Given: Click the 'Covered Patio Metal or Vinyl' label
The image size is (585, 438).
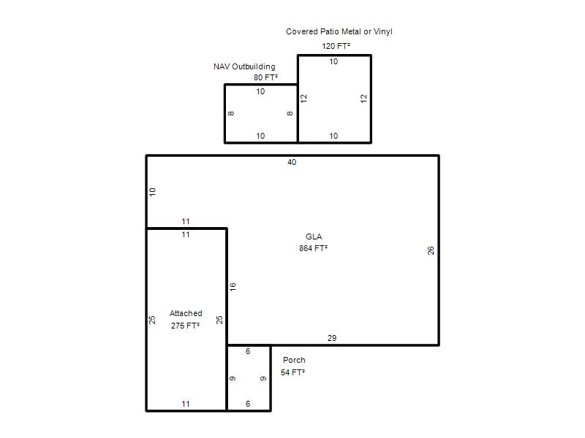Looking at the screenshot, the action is pos(339,31).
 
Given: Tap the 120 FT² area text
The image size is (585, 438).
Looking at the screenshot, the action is pos(336,46).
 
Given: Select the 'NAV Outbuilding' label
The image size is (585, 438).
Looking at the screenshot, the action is pos(244,66).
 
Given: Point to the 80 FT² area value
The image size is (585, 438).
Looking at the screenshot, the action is pos(266,77).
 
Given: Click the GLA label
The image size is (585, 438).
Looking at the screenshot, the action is pos(314,237).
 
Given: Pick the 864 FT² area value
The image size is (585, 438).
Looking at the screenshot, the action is pos(314,248).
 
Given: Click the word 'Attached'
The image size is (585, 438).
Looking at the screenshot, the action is pos(186,313).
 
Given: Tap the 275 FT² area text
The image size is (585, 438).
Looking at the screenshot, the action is pos(186,326).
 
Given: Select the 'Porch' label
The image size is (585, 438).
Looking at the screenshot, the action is pos(294,360).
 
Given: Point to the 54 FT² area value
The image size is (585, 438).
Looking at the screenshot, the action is pos(293,372).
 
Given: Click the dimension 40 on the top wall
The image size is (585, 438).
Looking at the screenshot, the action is pos(292,162).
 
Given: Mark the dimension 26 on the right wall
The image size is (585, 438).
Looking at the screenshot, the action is pos(431,250).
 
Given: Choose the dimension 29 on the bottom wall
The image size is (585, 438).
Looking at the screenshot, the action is pos(332,338).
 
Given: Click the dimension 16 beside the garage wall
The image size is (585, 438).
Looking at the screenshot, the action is pos(233,287).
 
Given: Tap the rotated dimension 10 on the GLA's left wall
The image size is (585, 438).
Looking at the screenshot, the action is pos(152,192).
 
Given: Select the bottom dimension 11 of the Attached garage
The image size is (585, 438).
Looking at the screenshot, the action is pos(186,404).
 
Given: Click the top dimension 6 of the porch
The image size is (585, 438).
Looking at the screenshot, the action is pos(248,352).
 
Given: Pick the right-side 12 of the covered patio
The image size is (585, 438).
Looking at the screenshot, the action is pos(364,99).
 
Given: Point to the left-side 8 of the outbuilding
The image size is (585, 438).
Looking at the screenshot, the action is pos(231,114).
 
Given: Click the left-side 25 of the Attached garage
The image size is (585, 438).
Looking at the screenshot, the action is pos(152,320).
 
